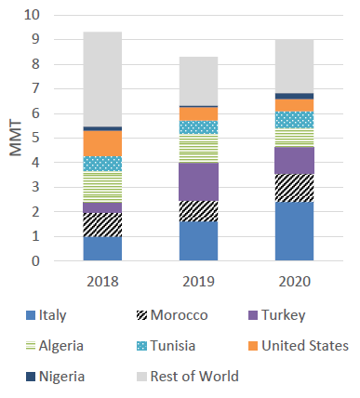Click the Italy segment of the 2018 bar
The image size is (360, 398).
coord(102,248)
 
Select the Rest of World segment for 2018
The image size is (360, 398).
coord(102,79)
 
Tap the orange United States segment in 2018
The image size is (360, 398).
coord(102,143)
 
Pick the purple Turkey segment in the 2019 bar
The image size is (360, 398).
coord(198,181)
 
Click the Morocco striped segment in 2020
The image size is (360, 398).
coord(295,188)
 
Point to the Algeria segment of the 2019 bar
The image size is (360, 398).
coord(198,148)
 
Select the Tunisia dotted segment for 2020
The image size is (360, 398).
coord(295,120)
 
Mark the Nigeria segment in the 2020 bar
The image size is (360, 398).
coord(295,96)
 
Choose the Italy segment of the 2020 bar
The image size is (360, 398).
coord(295,232)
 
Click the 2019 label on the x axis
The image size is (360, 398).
coord(198,282)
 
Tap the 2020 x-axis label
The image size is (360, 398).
coord(295,282)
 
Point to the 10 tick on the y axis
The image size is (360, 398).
coord(33,15)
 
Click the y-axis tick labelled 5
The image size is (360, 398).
coord(36,138)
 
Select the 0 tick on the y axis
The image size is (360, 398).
coord(36,261)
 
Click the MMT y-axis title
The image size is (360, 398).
coord(16,138)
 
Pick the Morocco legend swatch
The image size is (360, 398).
coord(141,315)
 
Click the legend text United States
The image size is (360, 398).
coord(305,346)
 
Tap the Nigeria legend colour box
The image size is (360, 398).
coord(31,377)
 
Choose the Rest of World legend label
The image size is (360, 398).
coord(194,377)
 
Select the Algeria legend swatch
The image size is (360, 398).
coord(31,346)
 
